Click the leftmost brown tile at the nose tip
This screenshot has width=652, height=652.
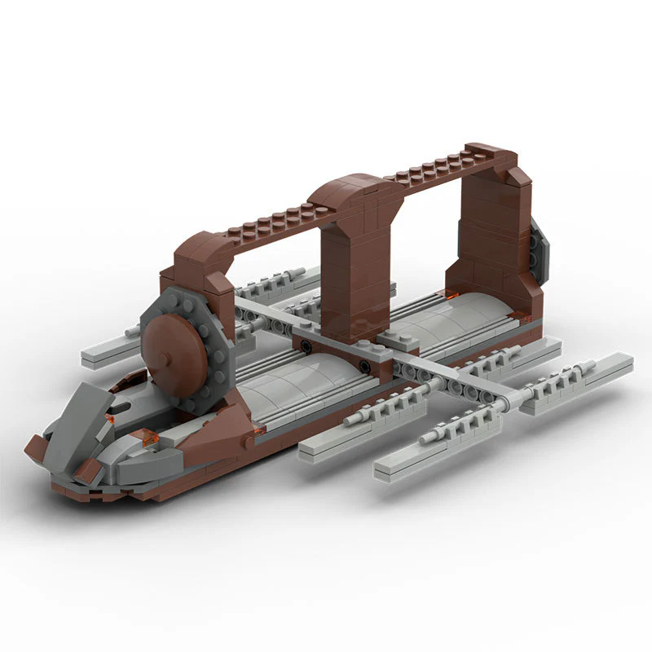tap(36, 446)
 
